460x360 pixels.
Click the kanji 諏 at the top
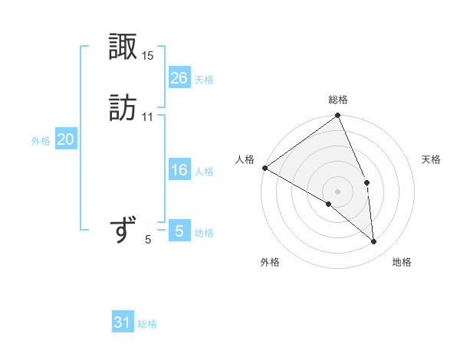pyautogui.click(x=123, y=47)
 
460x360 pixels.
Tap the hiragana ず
pyautogui.click(x=123, y=230)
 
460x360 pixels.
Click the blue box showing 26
pyautogui.click(x=179, y=77)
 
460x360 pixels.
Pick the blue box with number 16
pyautogui.click(x=179, y=170)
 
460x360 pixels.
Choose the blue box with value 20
pyautogui.click(x=66, y=139)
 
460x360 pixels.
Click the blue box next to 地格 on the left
pyautogui.click(x=179, y=231)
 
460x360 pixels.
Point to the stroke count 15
pyautogui.click(x=148, y=56)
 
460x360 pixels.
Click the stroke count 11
pyautogui.click(x=148, y=117)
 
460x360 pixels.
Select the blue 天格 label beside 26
pyautogui.click(x=205, y=80)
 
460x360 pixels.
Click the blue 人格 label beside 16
pyautogui.click(x=205, y=172)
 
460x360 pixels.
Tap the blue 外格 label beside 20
pyautogui.click(x=41, y=141)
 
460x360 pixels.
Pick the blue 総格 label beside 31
pyautogui.click(x=148, y=325)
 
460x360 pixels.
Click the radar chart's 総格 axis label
pyautogui.click(x=338, y=100)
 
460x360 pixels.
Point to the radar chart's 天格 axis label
pyautogui.click(x=432, y=159)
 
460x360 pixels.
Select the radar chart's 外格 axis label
pyautogui.click(x=270, y=262)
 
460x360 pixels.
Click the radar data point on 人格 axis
pyautogui.click(x=264, y=168)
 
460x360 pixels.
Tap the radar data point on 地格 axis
pyautogui.click(x=373, y=241)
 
